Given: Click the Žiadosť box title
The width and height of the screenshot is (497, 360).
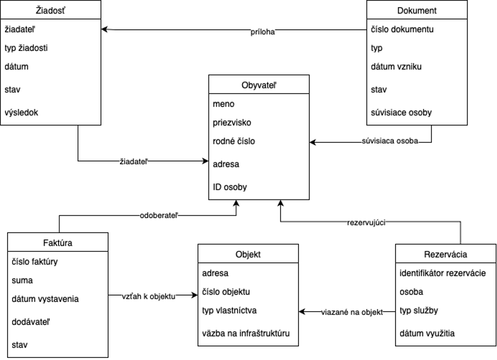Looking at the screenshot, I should click(50, 10).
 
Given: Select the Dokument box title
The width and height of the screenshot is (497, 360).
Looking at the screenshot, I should click(417, 10).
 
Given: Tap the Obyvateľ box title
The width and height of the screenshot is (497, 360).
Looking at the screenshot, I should click(259, 85).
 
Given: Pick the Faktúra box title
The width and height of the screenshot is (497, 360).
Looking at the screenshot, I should click(58, 243).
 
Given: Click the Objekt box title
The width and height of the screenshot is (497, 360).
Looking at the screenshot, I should click(248, 254).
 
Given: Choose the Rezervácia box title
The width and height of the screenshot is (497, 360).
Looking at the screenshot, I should click(445, 254).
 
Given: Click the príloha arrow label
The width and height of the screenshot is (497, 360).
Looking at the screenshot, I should click(263, 32).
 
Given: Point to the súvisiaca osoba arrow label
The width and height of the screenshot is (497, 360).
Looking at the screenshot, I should click(390, 142).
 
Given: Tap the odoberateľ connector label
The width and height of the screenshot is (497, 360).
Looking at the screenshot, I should click(159, 215).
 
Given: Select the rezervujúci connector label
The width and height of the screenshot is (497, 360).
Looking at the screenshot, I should click(366, 222).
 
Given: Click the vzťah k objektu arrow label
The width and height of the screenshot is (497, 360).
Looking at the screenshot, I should click(149, 296).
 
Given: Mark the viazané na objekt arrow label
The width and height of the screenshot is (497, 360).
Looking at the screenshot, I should click(352, 312).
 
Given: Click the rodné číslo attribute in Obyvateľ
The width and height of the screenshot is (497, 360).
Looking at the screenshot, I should click(234, 142).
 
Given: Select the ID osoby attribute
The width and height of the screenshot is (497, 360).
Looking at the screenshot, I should click(230, 188).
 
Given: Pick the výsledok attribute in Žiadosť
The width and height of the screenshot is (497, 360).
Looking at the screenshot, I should click(21, 113).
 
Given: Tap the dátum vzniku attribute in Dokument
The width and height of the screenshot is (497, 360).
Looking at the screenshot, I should click(396, 67).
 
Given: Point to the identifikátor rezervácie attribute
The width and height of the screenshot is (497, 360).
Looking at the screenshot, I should click(442, 273).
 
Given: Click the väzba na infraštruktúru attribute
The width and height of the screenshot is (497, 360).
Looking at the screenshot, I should click(246, 333).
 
